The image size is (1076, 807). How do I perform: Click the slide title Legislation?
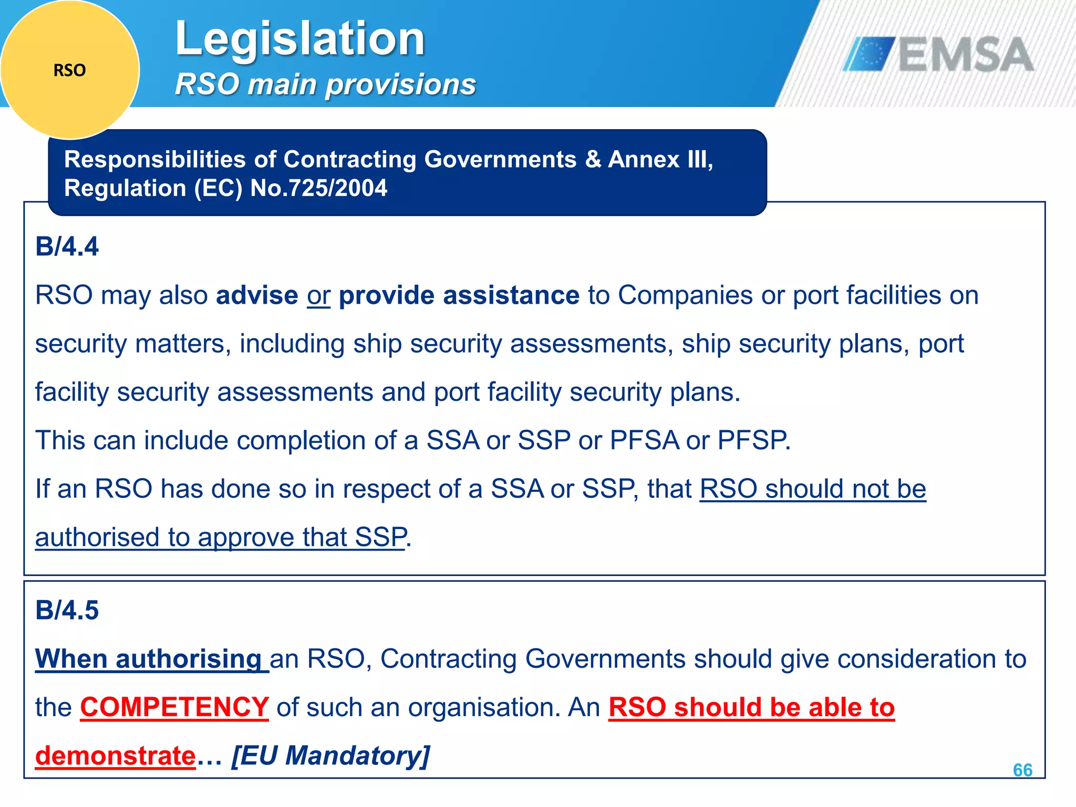pyautogui.click(x=299, y=39)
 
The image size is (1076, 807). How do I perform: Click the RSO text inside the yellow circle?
pyautogui.click(x=69, y=70)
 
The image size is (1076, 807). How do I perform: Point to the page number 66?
pyautogui.click(x=1022, y=770)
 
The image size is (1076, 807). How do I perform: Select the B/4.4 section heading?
pyautogui.click(x=67, y=246)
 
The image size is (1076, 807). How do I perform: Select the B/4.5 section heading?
pyautogui.click(x=67, y=610)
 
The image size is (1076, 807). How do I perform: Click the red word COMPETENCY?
pyautogui.click(x=174, y=707)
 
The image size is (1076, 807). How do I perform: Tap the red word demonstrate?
pyautogui.click(x=116, y=756)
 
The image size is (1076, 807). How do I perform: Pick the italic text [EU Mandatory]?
pyautogui.click(x=330, y=756)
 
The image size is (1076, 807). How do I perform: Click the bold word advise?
pyautogui.click(x=257, y=295)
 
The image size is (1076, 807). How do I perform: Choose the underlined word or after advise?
pyautogui.click(x=318, y=295)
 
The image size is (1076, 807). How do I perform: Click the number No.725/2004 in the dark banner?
pyautogui.click(x=318, y=188)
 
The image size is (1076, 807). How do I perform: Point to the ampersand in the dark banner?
pyautogui.click(x=593, y=159)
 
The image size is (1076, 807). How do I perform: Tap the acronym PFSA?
pyautogui.click(x=644, y=440)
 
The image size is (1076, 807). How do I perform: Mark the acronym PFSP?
pyautogui.click(x=753, y=440)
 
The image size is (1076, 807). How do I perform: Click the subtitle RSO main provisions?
pyautogui.click(x=325, y=84)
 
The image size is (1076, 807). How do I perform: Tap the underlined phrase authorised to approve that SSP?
pyautogui.click(x=221, y=537)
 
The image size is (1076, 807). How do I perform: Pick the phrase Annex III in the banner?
pyautogui.click(x=660, y=159)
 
